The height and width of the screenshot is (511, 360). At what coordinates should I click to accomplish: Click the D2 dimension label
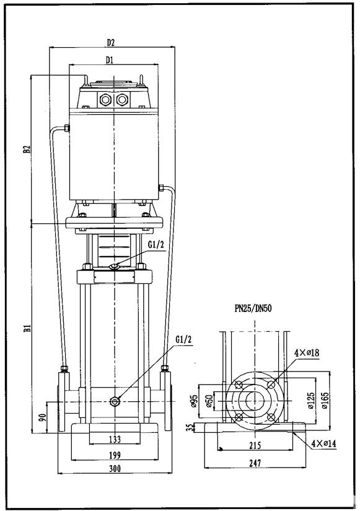tap(111, 43)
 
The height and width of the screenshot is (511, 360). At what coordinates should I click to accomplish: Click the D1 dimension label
tap(110, 60)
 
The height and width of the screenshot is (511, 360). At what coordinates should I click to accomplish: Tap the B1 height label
tap(27, 328)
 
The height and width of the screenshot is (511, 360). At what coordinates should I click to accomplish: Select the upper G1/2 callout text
tap(156, 246)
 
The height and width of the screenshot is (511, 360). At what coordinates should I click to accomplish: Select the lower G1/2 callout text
tap(184, 339)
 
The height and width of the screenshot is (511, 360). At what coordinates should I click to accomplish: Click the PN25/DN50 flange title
tap(253, 308)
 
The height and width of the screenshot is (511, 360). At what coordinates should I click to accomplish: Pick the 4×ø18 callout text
tap(307, 352)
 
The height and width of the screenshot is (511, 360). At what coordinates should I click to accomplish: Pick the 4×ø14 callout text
tap(324, 443)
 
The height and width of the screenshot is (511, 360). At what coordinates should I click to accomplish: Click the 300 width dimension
tap(115, 468)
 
